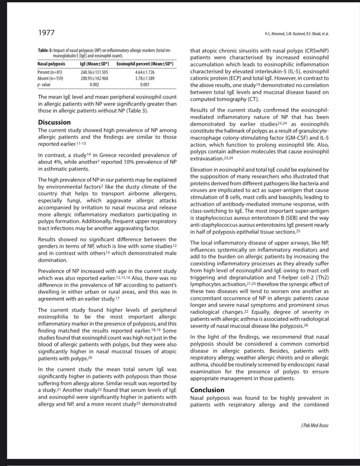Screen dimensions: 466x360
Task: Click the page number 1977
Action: [46, 33]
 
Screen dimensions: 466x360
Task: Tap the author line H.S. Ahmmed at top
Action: [297, 34]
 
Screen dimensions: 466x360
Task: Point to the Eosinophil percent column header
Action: [145, 64]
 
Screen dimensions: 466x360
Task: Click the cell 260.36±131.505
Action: [94, 72]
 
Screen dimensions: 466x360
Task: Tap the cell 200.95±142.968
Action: [94, 78]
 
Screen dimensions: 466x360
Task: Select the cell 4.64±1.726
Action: [145, 72]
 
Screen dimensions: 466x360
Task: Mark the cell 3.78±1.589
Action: [145, 78]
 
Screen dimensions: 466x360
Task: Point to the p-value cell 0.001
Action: [145, 84]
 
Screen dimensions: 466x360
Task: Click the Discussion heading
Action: [54, 122]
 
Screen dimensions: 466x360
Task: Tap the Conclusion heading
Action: [207, 390]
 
